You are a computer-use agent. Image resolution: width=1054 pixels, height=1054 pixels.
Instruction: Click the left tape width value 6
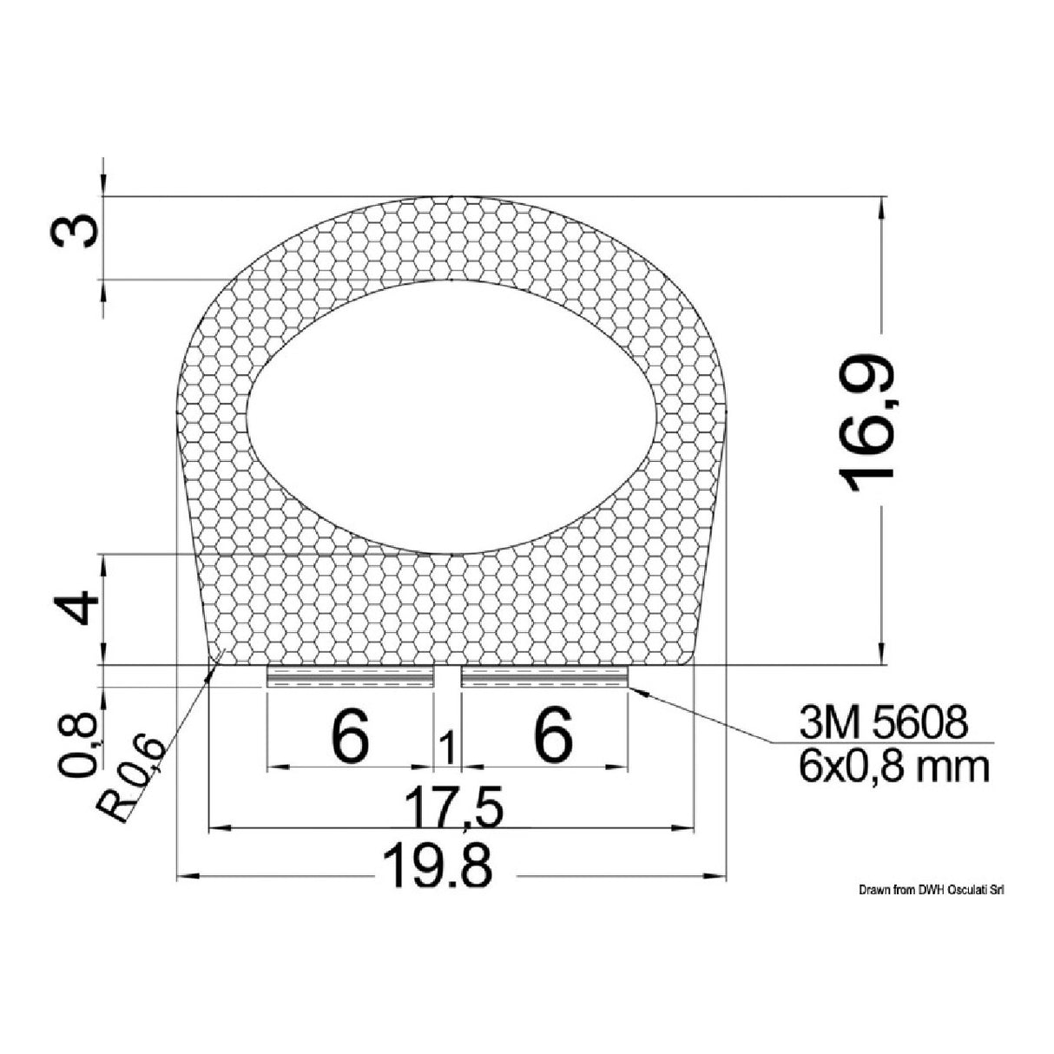pyautogui.click(x=351, y=735)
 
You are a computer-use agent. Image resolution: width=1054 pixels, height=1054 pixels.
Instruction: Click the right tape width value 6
pyautogui.click(x=553, y=735)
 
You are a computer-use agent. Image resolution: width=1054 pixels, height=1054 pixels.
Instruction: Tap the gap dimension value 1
pyautogui.click(x=448, y=748)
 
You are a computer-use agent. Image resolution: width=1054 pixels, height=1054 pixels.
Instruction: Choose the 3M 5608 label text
pyautogui.click(x=881, y=722)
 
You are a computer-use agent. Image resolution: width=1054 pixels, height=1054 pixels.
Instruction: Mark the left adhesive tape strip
pyautogui.click(x=350, y=677)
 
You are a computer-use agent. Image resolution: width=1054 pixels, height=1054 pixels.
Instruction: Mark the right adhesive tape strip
pyautogui.click(x=544, y=677)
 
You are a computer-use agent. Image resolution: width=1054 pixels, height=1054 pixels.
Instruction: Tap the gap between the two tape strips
pyautogui.click(x=447, y=677)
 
